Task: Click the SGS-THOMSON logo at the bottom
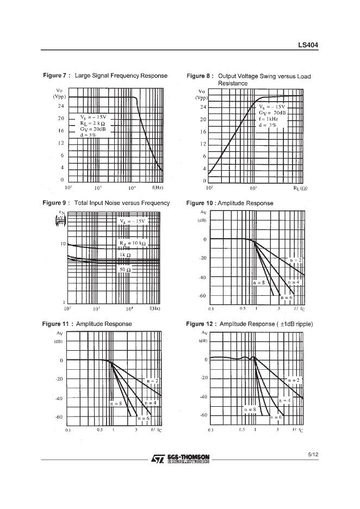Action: point(180,460)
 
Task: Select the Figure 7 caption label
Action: point(56,76)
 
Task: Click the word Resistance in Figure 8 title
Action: point(233,83)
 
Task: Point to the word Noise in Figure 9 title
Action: point(113,203)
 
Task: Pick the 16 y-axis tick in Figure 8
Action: point(202,132)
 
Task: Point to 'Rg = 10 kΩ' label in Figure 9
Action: point(132,244)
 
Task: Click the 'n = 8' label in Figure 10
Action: point(259,283)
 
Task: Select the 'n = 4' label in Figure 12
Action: point(284,400)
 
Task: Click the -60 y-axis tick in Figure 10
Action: point(202,296)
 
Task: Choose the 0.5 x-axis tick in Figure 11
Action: point(100,430)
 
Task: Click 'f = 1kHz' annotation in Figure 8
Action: point(269,119)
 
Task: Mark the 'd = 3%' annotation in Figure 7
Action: point(88,135)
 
